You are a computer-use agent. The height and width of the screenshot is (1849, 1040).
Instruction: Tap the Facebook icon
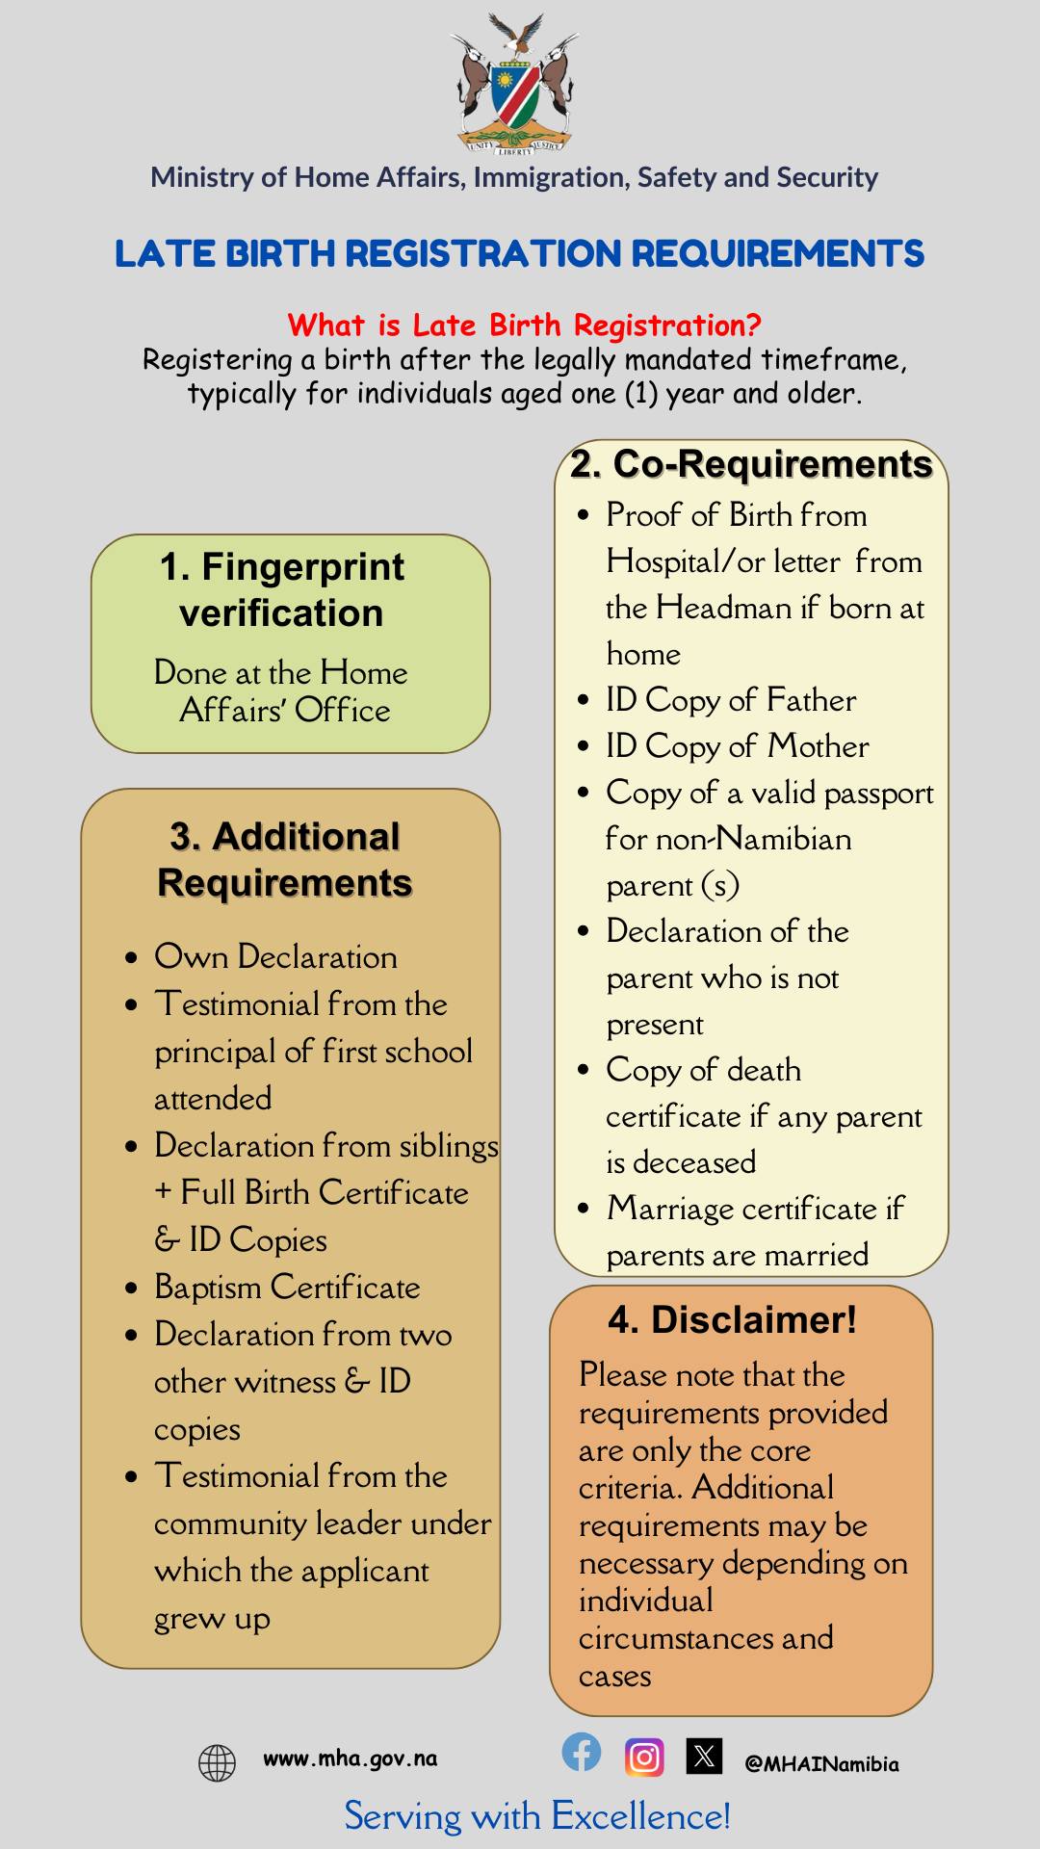pos(582,1752)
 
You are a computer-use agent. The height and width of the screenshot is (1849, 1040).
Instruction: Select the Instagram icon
pos(644,1757)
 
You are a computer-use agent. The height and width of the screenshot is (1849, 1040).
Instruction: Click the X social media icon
pos(704,1756)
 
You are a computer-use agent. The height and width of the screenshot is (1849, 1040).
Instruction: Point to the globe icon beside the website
pos(217,1762)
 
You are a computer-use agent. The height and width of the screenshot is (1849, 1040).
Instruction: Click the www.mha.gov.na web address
pos(350,1758)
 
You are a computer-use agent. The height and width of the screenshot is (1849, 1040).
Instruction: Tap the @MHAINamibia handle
pos(821,1763)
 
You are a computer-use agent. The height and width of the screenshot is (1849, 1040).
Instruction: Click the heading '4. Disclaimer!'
pos(732,1319)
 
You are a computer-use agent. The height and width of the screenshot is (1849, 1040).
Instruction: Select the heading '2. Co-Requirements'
pos(751,464)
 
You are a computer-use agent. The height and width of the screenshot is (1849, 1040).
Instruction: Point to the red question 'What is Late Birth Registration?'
pos(525,325)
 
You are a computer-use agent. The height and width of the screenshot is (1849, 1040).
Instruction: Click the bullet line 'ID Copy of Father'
pos(731,700)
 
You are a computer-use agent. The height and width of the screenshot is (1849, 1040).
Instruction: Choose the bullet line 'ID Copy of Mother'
pos(737,746)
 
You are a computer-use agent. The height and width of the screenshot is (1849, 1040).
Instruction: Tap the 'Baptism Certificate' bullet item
pos(287,1288)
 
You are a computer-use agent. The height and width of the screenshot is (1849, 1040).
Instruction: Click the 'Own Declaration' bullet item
pos(275,956)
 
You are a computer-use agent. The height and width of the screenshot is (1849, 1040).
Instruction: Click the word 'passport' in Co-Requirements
pos(878,794)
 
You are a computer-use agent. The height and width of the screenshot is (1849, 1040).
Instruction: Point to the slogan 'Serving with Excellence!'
pos(537,1816)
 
